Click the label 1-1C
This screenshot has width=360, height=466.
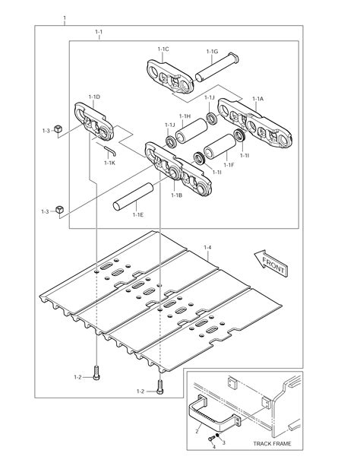163,49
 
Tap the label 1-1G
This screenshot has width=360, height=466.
213,52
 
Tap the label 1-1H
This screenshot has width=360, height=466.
185,116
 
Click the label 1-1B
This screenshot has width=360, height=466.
176,195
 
